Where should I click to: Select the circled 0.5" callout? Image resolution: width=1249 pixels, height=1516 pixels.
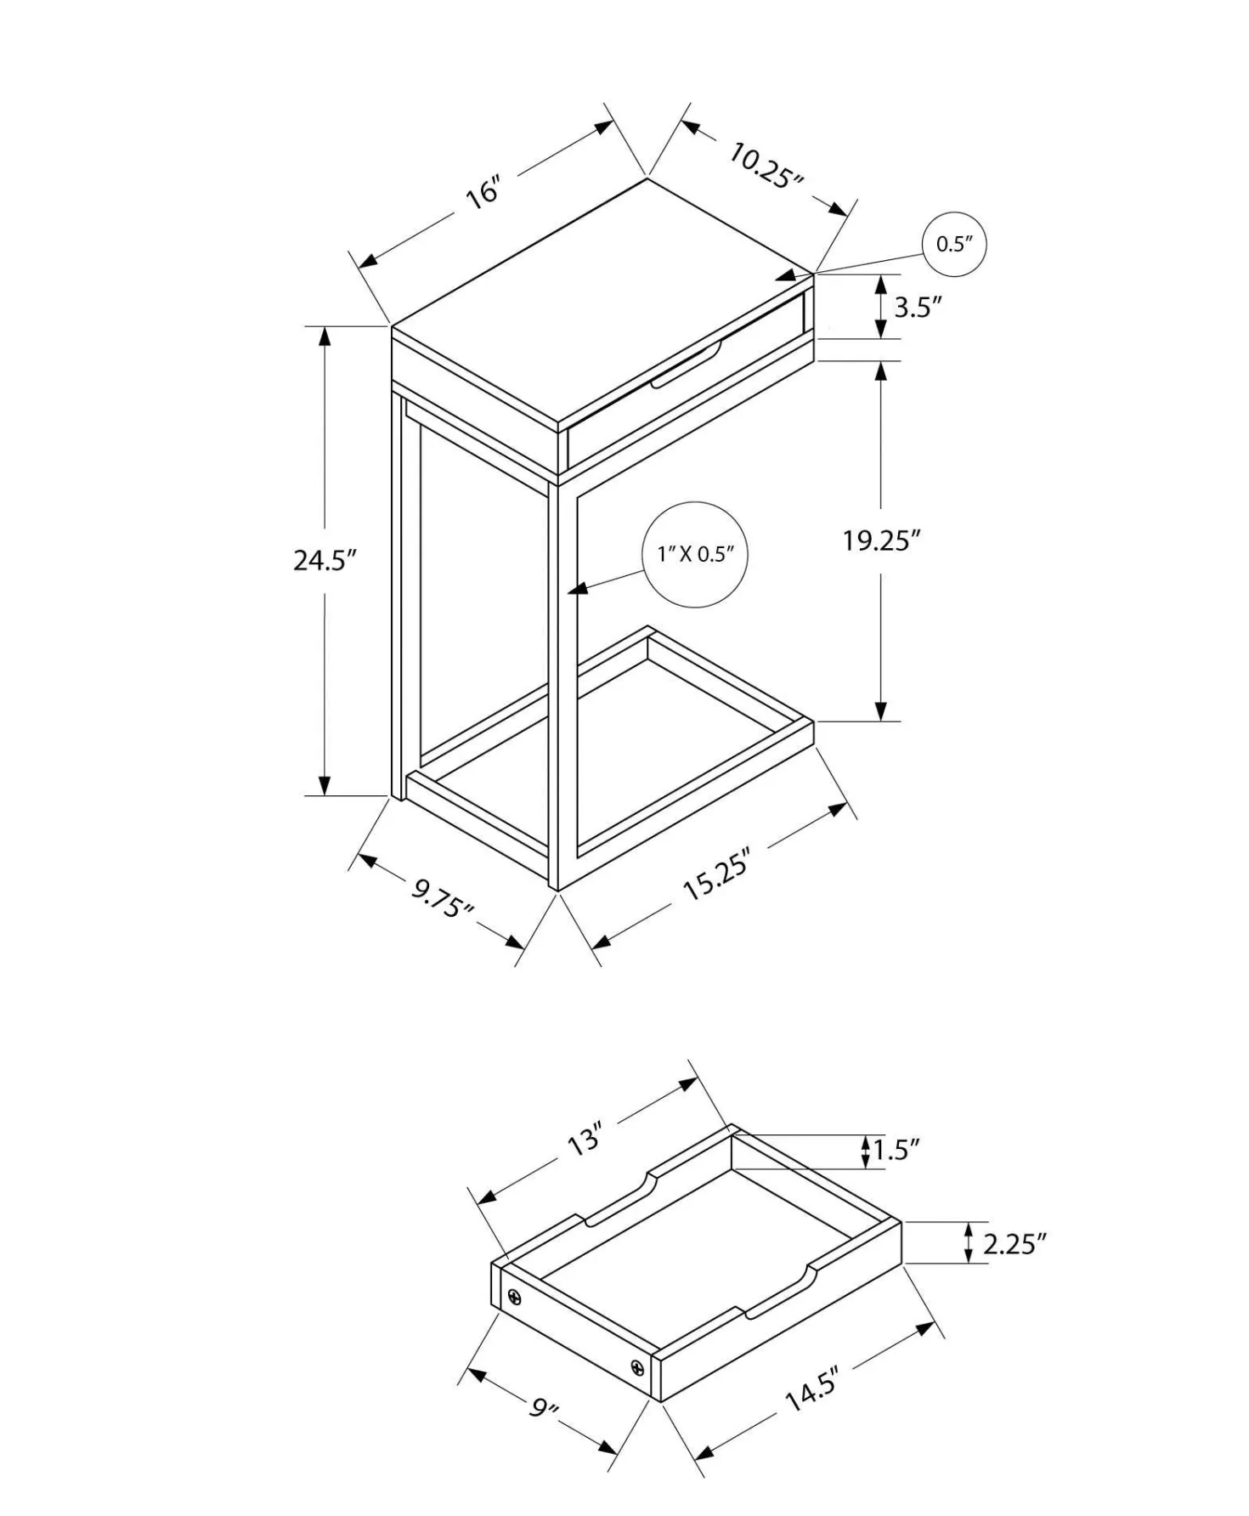pos(954,244)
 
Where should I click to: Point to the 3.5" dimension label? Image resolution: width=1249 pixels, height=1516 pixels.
pos(918,307)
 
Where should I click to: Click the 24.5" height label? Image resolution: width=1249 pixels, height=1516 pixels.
pos(324,560)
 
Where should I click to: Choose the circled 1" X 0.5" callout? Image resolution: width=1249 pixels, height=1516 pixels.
pos(695,554)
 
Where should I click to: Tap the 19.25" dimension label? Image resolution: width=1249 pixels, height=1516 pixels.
pos(882,540)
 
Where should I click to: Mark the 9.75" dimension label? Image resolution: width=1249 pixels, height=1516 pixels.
pos(443,898)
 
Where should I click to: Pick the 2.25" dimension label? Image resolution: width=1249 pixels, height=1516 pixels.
pos(1014,1244)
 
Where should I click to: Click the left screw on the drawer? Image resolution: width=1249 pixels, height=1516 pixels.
pos(515,1298)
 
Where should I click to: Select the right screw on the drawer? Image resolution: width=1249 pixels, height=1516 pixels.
pos(637,1367)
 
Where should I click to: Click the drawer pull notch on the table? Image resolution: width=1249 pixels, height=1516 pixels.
pos(687,366)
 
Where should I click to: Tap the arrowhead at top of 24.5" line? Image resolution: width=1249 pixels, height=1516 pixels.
pos(324,337)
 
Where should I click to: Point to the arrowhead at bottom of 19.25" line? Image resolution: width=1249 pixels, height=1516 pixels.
pos(881,710)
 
